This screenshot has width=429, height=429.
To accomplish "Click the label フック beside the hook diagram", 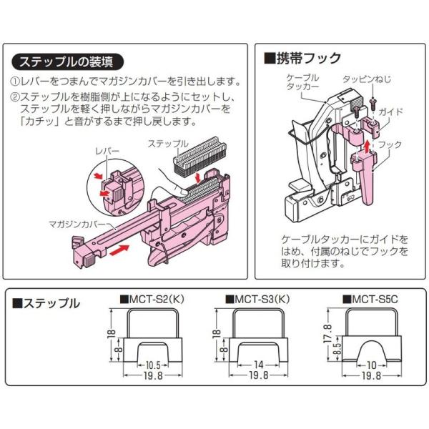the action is coord(390,144).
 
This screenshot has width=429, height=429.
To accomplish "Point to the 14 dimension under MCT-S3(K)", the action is coord(257,363).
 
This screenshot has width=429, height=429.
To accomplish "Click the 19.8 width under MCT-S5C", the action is coord(370,375).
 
